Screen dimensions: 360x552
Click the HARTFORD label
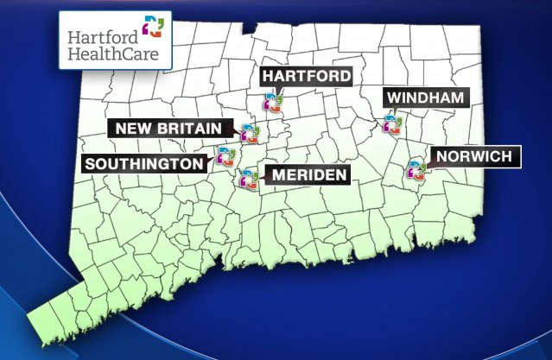click(308, 76)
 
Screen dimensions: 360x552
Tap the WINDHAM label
click(426, 97)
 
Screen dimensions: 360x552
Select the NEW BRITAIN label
click(171, 129)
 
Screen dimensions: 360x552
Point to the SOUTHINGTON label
click(147, 162)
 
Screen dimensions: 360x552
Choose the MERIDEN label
click(308, 175)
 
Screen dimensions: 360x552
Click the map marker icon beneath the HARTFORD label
click(273, 104)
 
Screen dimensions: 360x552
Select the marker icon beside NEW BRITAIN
click(250, 133)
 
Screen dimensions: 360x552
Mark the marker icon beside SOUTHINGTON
click(225, 156)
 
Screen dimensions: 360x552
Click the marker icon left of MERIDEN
click(249, 179)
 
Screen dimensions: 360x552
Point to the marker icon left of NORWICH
click(416, 168)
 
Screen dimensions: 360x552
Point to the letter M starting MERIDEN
click(278, 175)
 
